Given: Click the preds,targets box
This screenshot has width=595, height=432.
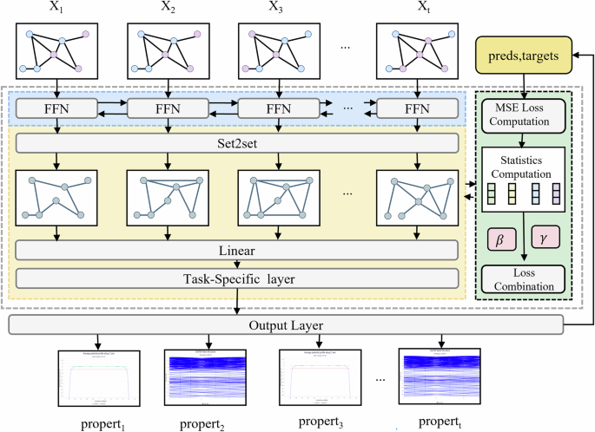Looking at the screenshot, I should coord(525,58).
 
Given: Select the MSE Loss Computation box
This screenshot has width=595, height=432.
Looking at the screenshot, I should coord(523,112).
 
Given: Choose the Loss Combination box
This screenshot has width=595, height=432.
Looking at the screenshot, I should coord(523,278).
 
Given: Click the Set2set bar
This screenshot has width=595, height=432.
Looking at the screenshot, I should coord(237,142).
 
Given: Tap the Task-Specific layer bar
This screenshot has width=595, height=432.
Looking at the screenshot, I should coord(237,278).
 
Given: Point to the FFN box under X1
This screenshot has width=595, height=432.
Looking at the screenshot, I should coord(56,111).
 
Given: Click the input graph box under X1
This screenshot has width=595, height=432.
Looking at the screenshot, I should coord(56,51).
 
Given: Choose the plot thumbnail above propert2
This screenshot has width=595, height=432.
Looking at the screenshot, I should coord(207,376).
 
